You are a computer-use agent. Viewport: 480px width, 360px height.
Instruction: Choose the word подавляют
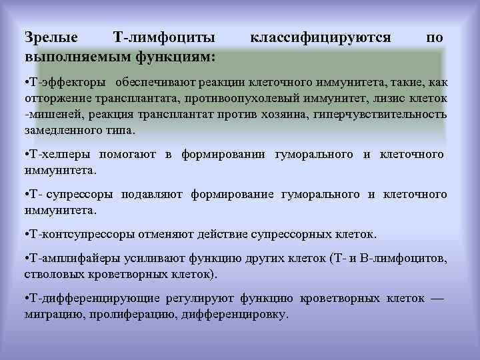153,195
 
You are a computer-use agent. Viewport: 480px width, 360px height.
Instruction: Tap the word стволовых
51,274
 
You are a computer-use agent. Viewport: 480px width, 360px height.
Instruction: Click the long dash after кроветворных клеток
437,298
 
